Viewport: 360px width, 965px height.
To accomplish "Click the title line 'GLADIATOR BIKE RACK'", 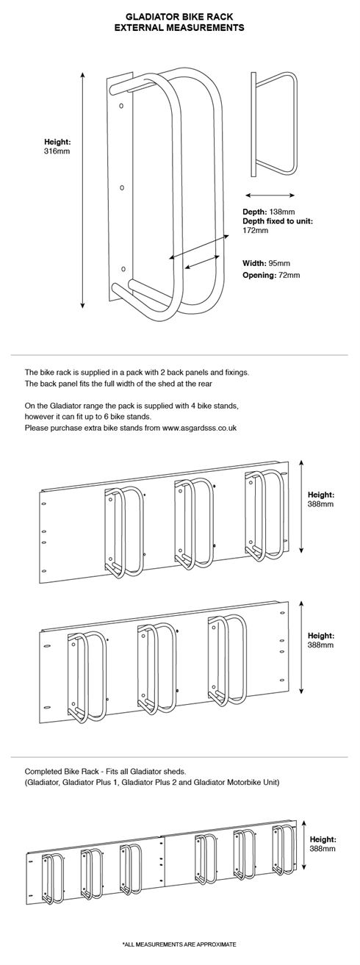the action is [x=179, y=17].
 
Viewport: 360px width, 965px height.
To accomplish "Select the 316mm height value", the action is [x=57, y=151].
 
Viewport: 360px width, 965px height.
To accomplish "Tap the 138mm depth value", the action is [x=282, y=212].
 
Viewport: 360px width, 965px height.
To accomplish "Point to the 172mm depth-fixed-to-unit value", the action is [x=256, y=230].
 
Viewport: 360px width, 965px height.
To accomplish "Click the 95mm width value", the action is [x=278, y=263].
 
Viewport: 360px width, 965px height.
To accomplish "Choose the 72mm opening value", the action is [x=289, y=276].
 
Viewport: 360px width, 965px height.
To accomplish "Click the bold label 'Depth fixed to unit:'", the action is [x=277, y=221].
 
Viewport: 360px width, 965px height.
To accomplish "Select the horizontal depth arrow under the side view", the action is [x=270, y=195].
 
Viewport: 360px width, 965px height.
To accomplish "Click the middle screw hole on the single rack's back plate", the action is [x=122, y=187].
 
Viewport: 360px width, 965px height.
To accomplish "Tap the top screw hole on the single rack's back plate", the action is [x=121, y=105].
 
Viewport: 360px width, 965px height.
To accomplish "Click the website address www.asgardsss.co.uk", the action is [x=199, y=428].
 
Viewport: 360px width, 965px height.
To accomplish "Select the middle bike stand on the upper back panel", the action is [x=194, y=525].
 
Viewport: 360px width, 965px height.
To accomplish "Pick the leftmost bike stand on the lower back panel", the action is [x=86, y=678].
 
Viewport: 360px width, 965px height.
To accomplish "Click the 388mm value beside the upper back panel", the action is [x=321, y=504].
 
